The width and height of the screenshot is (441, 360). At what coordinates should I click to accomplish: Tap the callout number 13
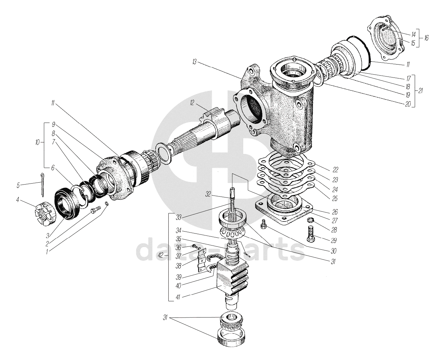195,62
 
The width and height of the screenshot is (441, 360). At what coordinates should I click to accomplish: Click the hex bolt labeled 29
311,234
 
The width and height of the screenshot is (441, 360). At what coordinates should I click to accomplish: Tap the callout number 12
192,103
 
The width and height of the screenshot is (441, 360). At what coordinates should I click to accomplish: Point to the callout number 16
426,38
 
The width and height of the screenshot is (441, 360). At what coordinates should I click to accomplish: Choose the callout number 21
421,91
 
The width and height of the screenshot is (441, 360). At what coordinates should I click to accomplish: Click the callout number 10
37,143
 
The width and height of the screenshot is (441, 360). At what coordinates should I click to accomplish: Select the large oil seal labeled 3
67,204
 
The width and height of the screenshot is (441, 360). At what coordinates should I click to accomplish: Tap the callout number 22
335,170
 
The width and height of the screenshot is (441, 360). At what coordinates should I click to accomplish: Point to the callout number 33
178,217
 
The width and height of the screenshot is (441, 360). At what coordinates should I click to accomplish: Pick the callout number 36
178,248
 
